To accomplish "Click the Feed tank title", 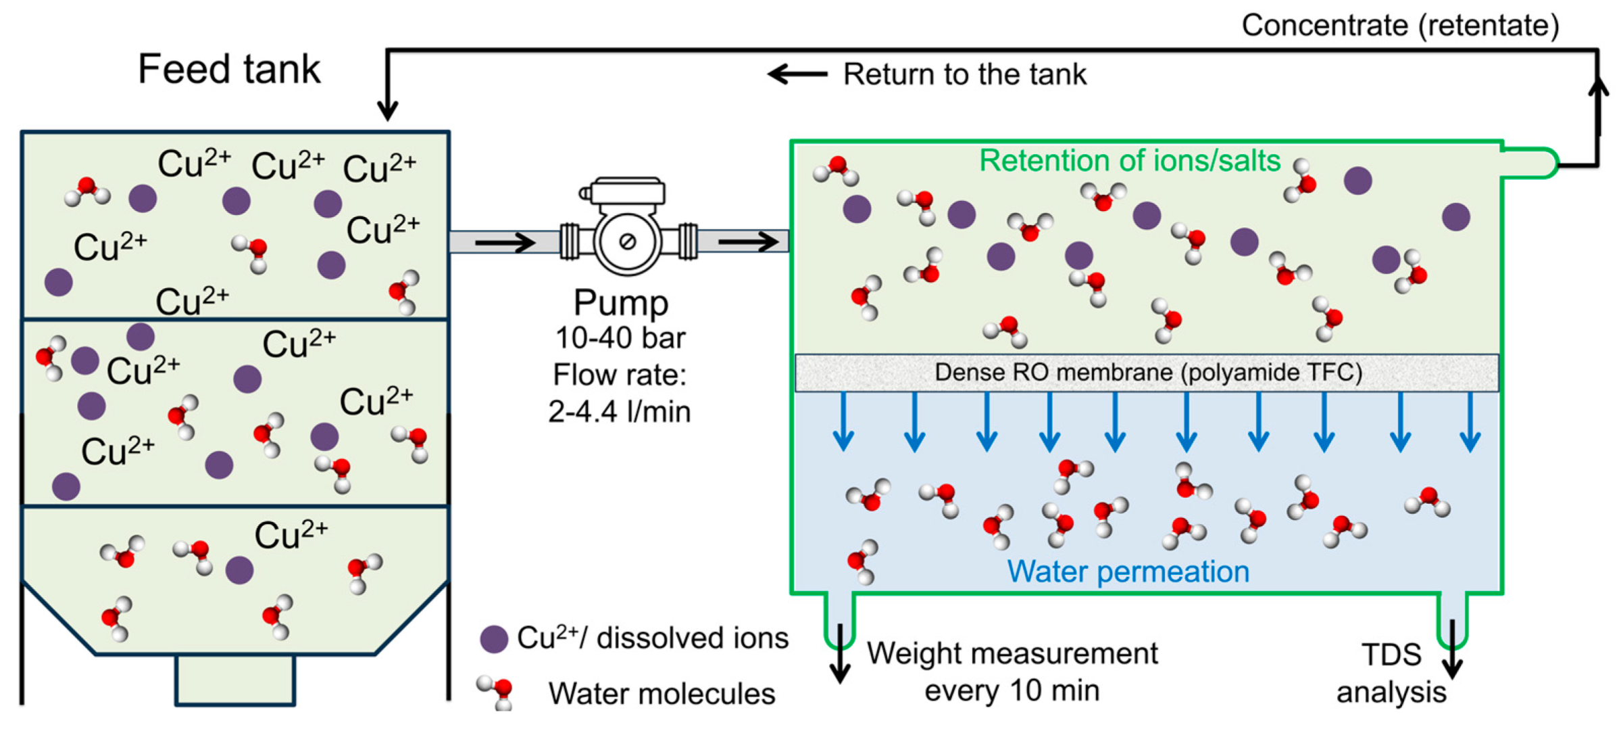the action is [229, 69].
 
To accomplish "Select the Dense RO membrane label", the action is [1148, 373].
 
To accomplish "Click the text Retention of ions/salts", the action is [1130, 161].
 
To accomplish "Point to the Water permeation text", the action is [1128, 572].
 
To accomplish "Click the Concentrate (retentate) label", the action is [1400, 26].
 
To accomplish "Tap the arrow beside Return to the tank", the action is [798, 74].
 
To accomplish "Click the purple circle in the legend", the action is [494, 638].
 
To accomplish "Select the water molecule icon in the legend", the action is [495, 692].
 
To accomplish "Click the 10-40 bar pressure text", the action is [620, 338].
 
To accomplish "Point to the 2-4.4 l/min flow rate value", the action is [619, 411].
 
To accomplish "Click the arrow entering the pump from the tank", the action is [505, 242].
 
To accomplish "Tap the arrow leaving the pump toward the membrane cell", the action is [748, 241].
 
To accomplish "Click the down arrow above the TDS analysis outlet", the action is [1452, 649].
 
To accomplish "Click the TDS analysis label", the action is [1391, 674].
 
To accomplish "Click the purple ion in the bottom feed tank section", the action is [239, 570].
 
